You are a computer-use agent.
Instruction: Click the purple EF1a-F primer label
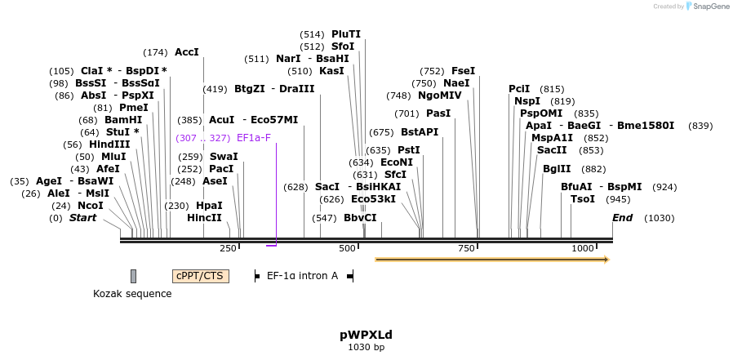coord(253,138)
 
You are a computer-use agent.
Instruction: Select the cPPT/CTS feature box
coord(200,276)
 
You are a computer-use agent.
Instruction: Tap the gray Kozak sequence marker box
coord(133,276)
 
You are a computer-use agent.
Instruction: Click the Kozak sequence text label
coord(132,294)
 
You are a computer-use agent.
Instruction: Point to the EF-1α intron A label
coord(302,276)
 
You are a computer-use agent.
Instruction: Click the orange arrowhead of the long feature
coord(606,260)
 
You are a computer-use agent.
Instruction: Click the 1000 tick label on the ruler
coord(583,247)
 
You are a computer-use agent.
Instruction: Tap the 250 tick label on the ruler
coord(228,247)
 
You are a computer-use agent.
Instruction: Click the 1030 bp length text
coord(366,347)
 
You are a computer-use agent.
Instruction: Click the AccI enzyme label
coord(187,52)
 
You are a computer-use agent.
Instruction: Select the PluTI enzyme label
coord(345,34)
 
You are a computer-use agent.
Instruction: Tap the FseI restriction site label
coord(463,71)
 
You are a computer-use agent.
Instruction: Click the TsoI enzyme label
coord(583,199)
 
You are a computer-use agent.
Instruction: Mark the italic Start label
coord(82,218)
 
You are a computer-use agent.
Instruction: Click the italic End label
coord(623,218)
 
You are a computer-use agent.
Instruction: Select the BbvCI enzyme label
coord(360,218)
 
